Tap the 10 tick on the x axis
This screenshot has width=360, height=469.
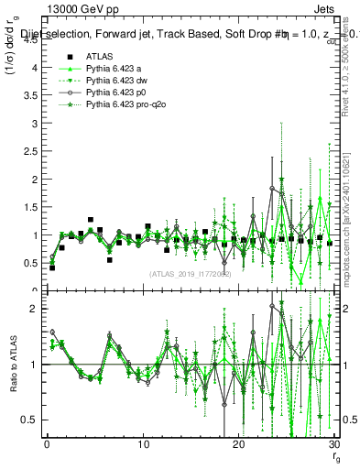point(143,445)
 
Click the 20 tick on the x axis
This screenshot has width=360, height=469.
point(239,445)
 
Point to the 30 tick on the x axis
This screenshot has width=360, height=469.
point(334,445)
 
